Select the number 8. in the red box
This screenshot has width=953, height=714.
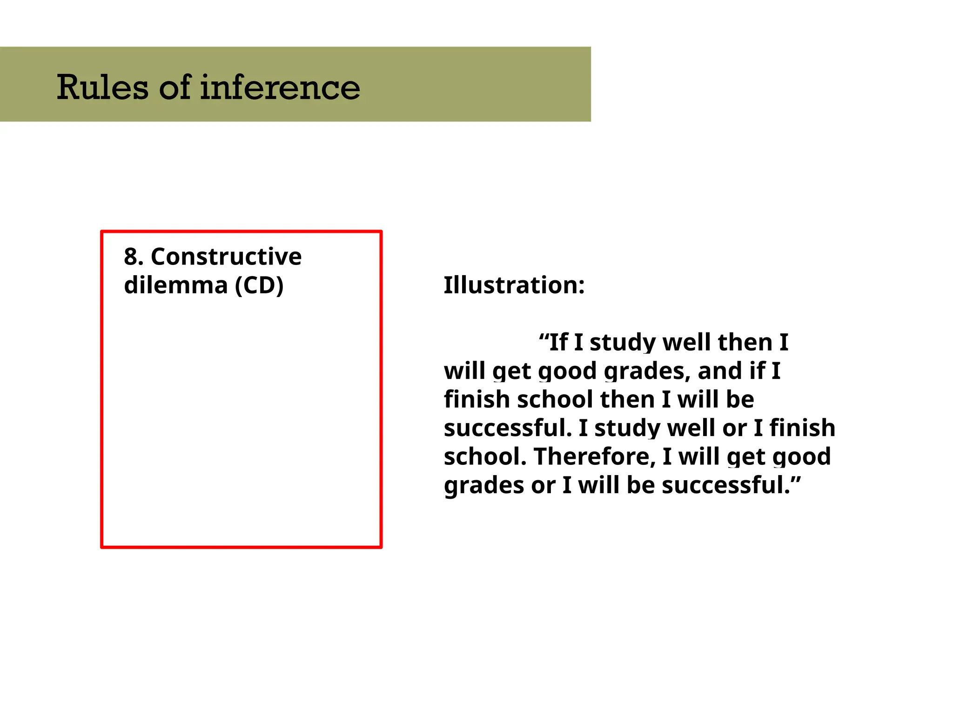coord(134,257)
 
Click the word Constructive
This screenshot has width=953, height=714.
coord(226,257)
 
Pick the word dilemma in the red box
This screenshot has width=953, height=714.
coord(175,285)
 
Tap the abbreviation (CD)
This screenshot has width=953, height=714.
coord(259,285)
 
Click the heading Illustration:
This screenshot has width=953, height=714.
coord(514,285)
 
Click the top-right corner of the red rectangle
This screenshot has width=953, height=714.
coord(381,231)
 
